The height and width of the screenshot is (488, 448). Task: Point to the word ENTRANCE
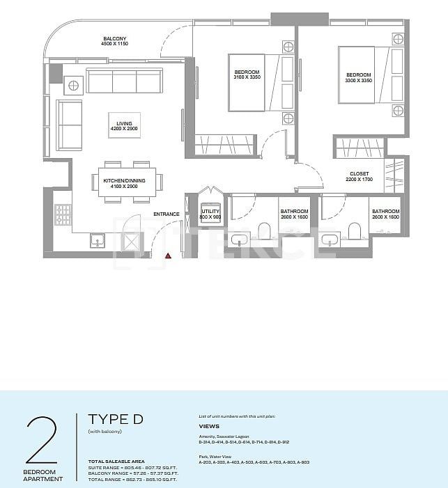click(167, 214)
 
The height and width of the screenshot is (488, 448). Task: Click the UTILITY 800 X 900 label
click(210, 214)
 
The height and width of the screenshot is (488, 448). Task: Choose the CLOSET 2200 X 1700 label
click(360, 177)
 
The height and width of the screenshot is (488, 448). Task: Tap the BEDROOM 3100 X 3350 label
click(246, 76)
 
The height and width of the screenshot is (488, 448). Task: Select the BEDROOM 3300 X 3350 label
click(358, 78)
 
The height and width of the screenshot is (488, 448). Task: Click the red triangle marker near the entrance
click(168, 256)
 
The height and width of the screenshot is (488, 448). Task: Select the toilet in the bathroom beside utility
click(264, 231)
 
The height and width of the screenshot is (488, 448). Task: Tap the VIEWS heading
click(209, 426)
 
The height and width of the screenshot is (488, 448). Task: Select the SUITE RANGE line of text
click(132, 468)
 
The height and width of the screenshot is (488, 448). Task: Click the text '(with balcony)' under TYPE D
click(105, 432)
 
